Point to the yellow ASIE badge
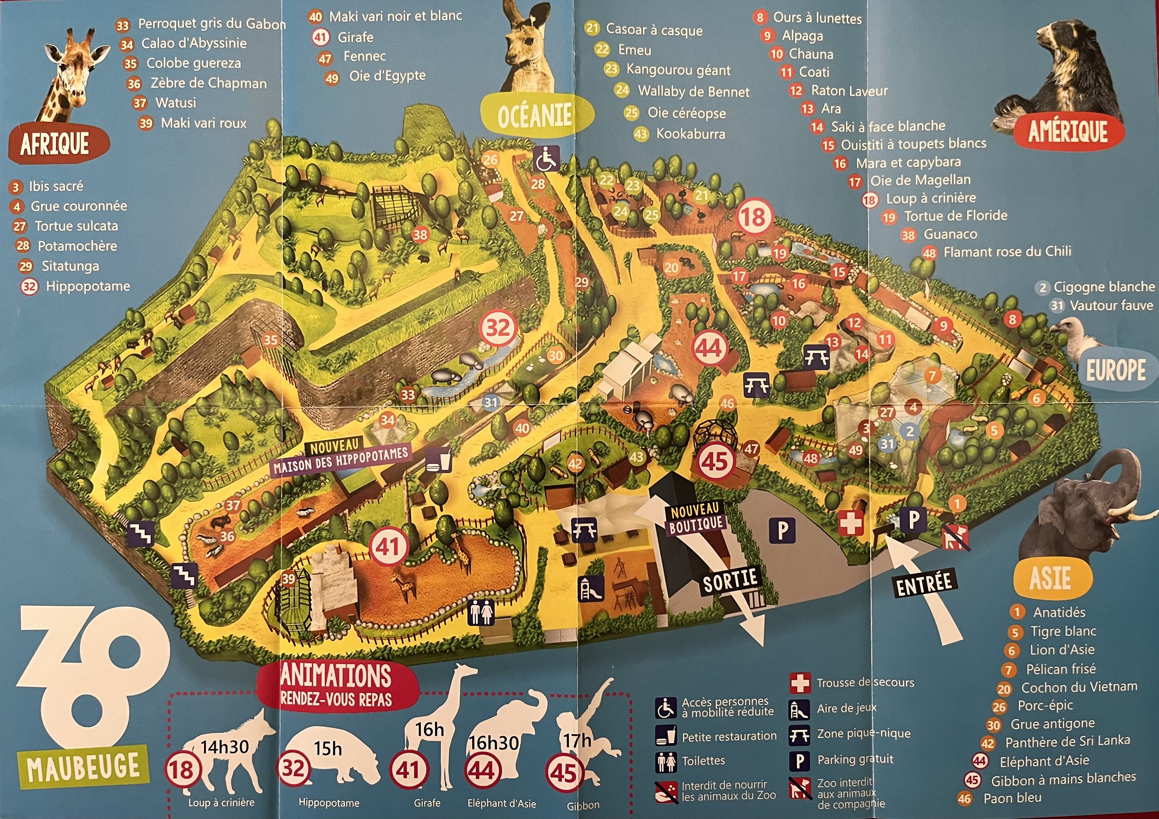(1050, 577)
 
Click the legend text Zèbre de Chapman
(208, 83)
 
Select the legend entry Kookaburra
(690, 134)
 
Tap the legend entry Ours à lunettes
(817, 18)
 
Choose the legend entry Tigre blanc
(1063, 631)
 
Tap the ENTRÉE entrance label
(924, 584)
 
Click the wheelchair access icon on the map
(546, 158)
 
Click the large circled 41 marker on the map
(388, 546)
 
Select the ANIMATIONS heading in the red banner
(336, 676)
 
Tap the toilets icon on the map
(481, 613)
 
